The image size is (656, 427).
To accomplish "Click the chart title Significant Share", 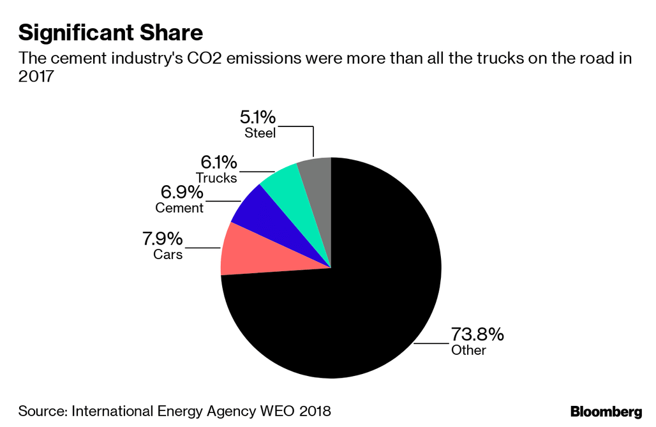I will pos(110,31).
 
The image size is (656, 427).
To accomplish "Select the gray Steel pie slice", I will pos(317,185).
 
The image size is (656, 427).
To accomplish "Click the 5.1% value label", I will pos(258,117).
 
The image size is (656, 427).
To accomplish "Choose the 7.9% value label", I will pos(162,239).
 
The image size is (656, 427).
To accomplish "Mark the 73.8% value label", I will pos(477,334).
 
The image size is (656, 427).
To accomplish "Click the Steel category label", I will pos(260,133).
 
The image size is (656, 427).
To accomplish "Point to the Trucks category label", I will pos(216,178).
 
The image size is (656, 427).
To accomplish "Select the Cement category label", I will pos(179,208).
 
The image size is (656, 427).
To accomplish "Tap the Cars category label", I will pos(168,255).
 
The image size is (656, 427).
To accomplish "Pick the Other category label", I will pos(468,350).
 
